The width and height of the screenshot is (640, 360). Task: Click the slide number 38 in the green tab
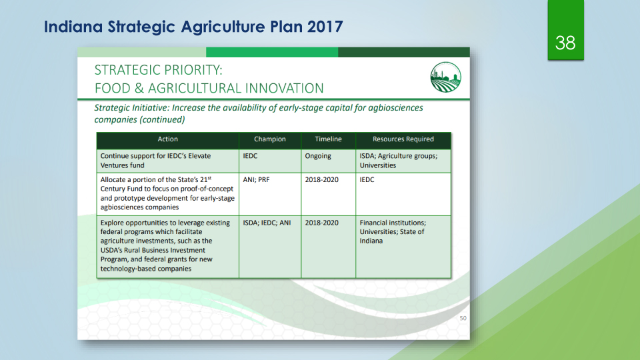pos(565,43)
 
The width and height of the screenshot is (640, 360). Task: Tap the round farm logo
pos(446,77)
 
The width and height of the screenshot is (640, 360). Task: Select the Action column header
pos(168,139)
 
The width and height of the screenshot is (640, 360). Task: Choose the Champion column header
pos(270,139)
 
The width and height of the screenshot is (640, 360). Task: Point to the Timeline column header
pos(328,139)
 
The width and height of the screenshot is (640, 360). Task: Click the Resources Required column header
pos(403,139)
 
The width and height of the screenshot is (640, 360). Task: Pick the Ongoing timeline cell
pos(318,156)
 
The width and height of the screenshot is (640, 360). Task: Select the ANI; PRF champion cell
pos(256,179)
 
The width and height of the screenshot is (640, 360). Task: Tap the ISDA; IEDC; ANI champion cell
pos(267,223)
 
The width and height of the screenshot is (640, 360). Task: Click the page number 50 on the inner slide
pos(463,319)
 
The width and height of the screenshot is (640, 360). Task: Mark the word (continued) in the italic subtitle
pos(163,119)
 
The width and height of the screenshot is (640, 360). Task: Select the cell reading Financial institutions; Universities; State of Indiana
pos(393,232)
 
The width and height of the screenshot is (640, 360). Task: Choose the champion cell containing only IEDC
pos(250,156)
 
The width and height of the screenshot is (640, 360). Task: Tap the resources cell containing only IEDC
pos(367,179)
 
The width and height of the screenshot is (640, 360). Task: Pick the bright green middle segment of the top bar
pos(272,52)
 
